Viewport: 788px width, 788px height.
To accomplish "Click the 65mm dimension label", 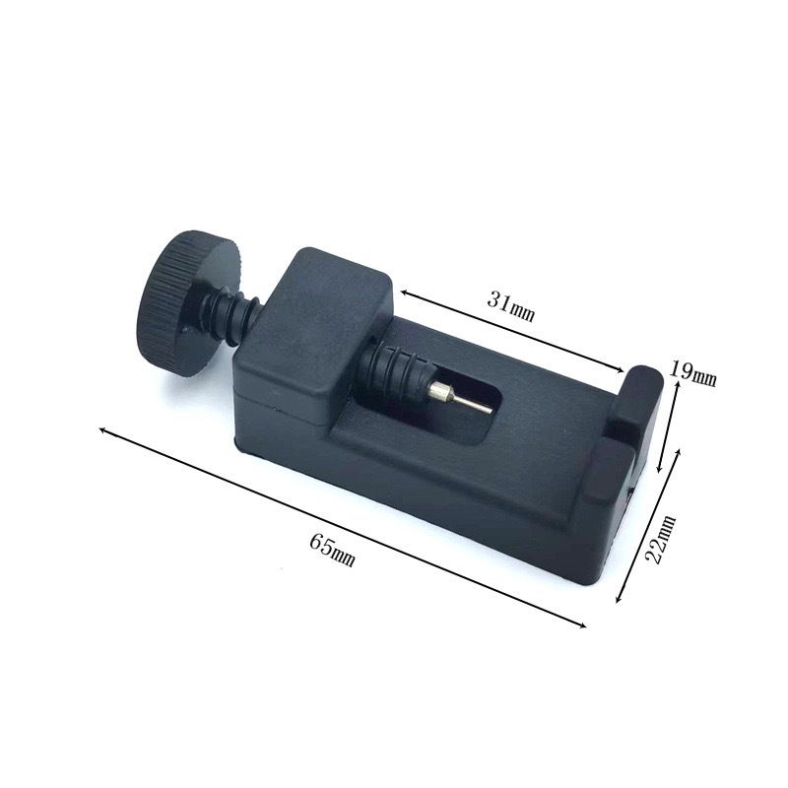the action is (333, 550).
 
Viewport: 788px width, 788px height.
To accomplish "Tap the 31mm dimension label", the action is (510, 307).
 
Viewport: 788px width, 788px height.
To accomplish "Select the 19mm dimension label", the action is (692, 375).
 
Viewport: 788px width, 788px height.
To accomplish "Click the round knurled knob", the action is (194, 300).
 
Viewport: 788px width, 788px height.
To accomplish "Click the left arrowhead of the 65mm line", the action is (102, 430).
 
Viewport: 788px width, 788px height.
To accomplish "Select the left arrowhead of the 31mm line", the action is (403, 293).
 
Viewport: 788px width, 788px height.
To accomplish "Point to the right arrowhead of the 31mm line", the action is (621, 370).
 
